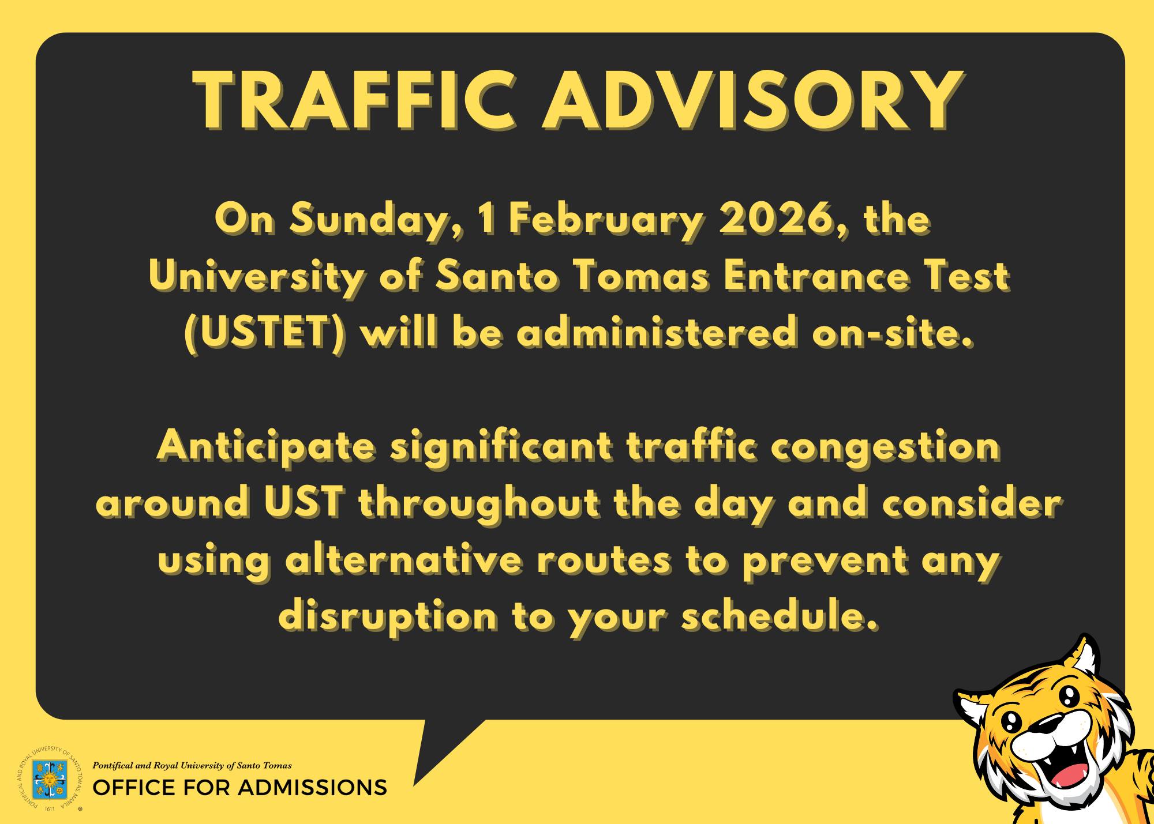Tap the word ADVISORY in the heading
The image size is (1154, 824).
pos(753,101)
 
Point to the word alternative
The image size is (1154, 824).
pos(403,561)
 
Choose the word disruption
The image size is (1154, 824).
pos(388,618)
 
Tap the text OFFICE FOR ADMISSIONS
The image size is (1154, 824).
pos(239,788)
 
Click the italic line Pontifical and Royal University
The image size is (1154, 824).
pos(192,766)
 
